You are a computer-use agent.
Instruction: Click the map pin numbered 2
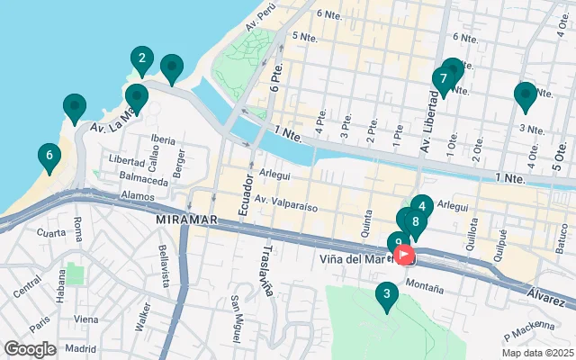[x=141, y=60]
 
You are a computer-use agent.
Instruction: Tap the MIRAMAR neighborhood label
[x=187, y=219]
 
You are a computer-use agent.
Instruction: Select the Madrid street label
[x=80, y=348]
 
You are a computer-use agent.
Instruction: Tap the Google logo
[x=30, y=349]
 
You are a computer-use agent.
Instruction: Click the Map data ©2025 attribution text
[x=536, y=353]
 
